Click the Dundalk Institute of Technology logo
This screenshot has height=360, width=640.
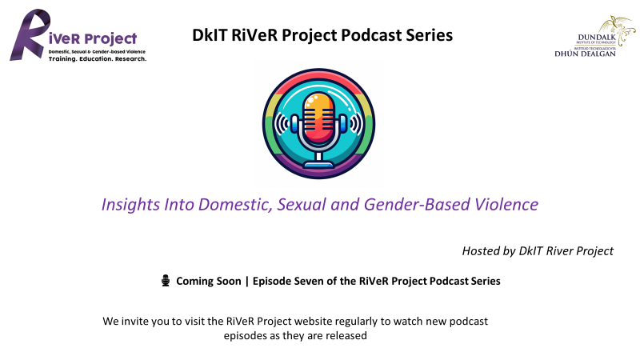(594, 36)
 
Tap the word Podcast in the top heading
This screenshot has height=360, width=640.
(371, 35)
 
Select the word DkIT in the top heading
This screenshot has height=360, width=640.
(210, 35)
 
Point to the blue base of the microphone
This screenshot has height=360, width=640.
(318, 165)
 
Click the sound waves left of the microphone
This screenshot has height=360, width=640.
(282, 123)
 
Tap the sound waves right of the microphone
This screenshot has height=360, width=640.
(355, 123)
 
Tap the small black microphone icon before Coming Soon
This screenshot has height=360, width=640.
(166, 281)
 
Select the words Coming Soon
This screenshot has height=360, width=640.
(209, 282)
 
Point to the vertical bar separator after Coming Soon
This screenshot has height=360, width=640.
(247, 282)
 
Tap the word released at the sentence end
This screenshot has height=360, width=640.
(349, 335)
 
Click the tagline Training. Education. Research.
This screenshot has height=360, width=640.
(97, 58)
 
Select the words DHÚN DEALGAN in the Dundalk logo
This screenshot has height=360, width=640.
(585, 54)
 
